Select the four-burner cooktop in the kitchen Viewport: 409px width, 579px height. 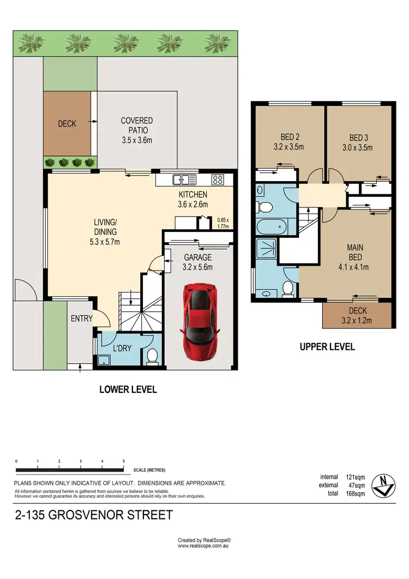(218, 179)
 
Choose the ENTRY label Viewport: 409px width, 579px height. (81, 319)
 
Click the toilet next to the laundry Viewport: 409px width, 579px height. (152, 356)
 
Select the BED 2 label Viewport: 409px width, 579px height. (288, 137)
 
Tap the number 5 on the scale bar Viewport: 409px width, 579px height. (124, 461)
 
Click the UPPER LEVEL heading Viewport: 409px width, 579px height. (327, 347)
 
